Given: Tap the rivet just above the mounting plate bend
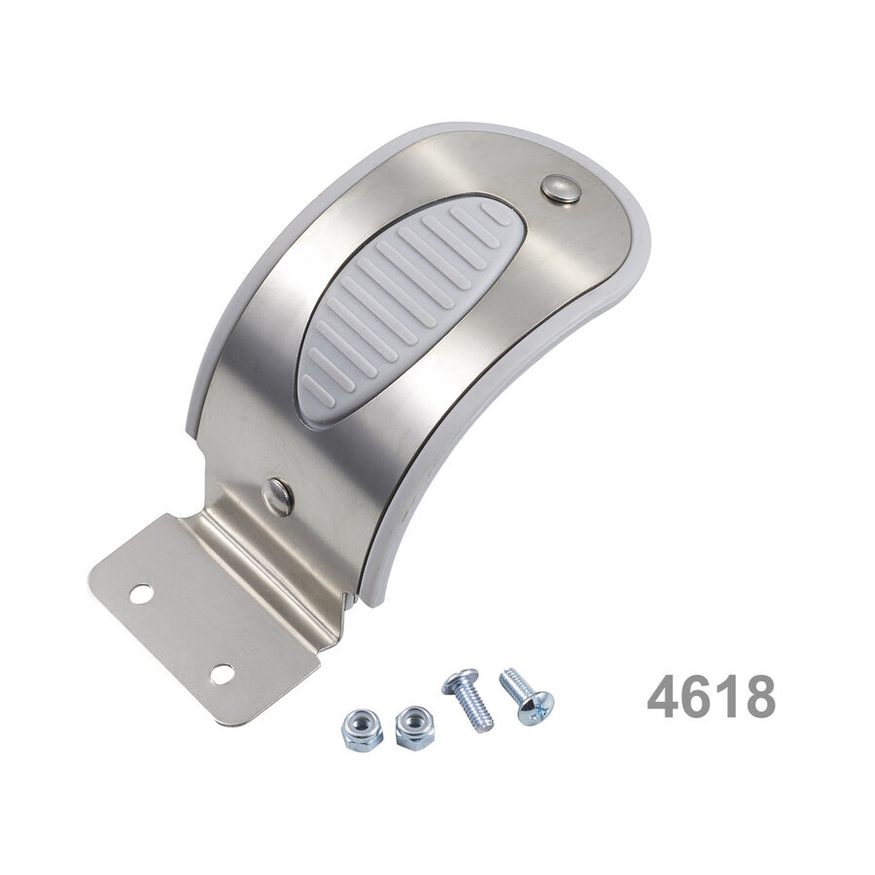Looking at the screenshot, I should [x=277, y=497].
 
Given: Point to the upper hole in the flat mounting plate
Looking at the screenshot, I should [x=140, y=590].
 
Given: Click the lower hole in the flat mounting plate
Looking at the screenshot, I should [x=222, y=671].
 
